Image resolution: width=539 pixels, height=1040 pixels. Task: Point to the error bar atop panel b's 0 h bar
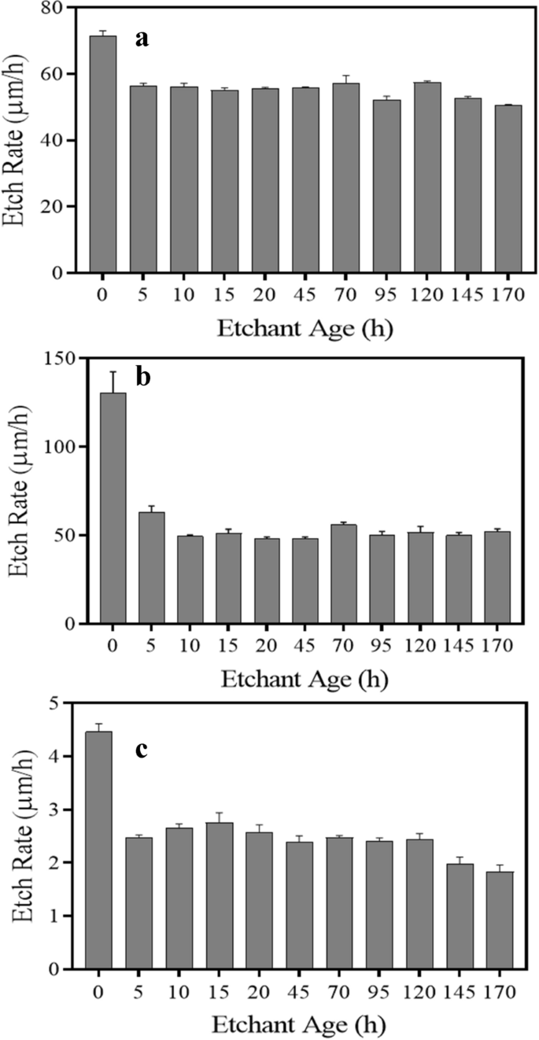[113, 382]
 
